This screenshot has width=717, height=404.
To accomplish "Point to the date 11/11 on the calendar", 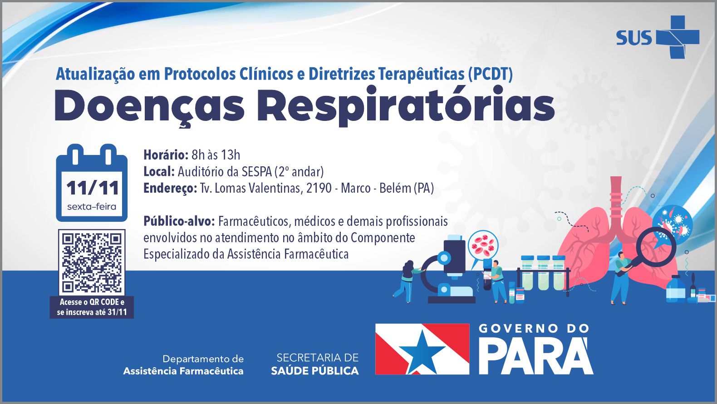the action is point(93,188).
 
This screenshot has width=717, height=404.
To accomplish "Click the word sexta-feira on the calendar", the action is point(92,206).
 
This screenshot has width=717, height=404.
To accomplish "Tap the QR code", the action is point(92,262).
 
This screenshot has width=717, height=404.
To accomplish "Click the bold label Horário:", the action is point(166,155).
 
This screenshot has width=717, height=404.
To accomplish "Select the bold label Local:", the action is point(159,172).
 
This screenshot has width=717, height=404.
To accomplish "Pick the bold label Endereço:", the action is point(170,189).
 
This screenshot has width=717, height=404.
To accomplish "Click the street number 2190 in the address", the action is point(319,188).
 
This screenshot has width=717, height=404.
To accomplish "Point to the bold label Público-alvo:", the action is point(179,221).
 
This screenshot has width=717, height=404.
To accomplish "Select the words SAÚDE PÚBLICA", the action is point(315,371).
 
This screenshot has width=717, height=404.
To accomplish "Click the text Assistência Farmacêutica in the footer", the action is point(183,371).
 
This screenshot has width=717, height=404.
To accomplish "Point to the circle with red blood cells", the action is point(483,245).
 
